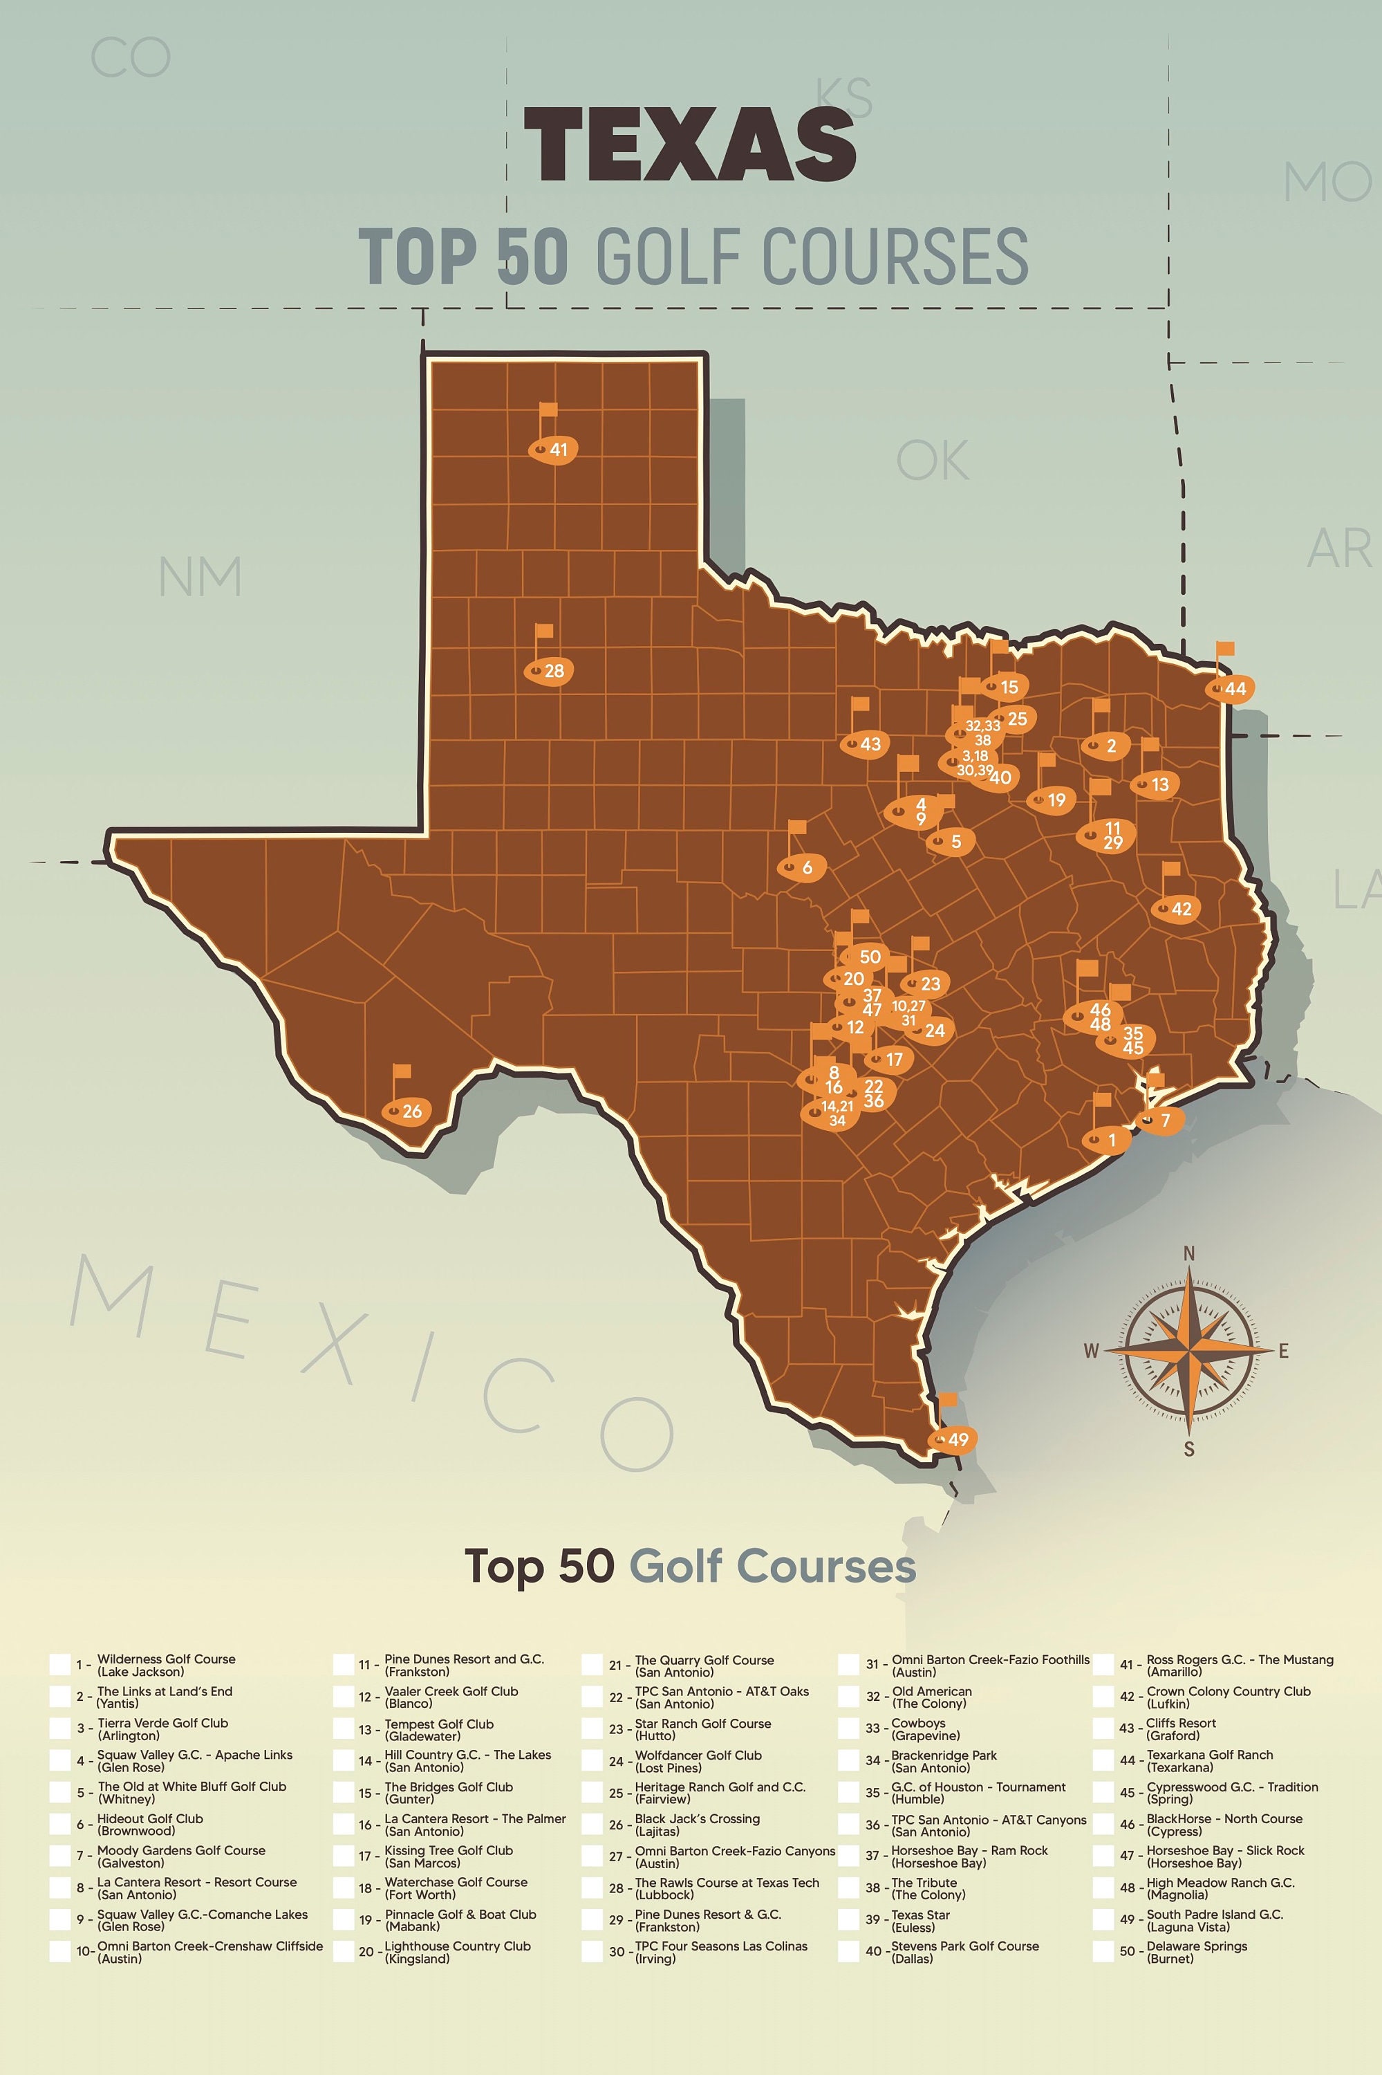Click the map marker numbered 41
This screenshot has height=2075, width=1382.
[554, 449]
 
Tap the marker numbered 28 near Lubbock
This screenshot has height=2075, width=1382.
[550, 671]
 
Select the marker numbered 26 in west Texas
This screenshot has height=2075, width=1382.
[407, 1110]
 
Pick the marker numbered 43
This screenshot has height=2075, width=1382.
[865, 744]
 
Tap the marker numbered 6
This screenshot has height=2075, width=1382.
[802, 868]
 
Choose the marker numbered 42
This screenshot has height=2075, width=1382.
[1177, 908]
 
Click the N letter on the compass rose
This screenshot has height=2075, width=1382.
[1189, 1253]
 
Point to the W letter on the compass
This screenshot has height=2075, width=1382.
[1091, 1351]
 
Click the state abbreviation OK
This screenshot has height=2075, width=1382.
[933, 461]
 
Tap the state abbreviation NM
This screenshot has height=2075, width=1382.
[200, 577]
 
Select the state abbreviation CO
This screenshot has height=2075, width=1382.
[131, 58]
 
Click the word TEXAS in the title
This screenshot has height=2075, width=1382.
[690, 145]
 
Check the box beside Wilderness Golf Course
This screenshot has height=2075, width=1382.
[60, 1665]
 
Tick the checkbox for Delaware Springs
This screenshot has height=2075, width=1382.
[1103, 1952]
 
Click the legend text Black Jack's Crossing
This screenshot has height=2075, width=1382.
[697, 1818]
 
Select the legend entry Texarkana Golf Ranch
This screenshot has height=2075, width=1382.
[1209, 1755]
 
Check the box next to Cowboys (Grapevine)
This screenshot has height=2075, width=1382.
[848, 1728]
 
